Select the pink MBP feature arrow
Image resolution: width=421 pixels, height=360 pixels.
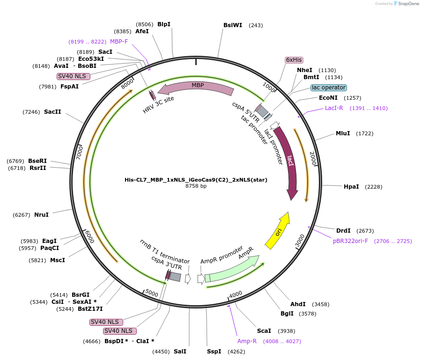pos(197,87)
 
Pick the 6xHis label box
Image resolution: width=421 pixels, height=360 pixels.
pos(294,60)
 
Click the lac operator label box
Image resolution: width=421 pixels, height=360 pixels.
pos(328,88)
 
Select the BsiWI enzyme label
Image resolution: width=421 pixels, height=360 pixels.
pos(233,25)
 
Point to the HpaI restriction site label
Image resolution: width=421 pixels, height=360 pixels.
pos(351,187)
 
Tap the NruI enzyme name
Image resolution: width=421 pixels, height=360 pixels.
pos(41,215)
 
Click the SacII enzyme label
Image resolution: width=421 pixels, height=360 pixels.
pos(52,112)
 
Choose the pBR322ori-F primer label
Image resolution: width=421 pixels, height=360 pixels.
pos(350,241)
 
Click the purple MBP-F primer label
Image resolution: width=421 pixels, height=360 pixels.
pos(119,41)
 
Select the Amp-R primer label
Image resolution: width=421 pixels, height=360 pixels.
pos(247,341)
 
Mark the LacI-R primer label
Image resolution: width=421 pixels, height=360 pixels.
pos(334,108)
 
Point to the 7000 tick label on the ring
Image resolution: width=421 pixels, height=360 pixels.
pos(80,152)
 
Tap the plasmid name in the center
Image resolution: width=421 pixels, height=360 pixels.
pos(196,180)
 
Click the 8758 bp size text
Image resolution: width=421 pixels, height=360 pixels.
pos(196,186)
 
